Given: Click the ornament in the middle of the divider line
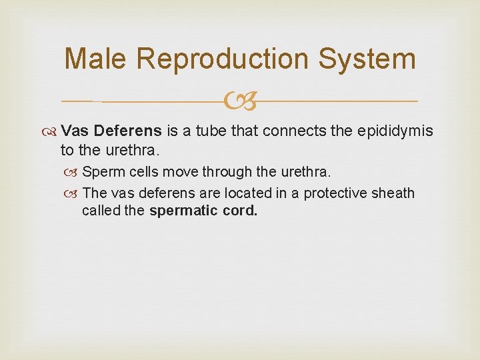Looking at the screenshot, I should point(241,102).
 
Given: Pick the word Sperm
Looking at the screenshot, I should point(101,172).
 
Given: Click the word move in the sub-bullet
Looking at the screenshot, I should point(179,172).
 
